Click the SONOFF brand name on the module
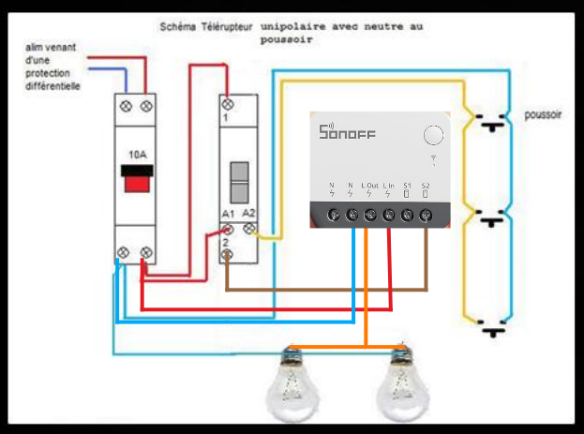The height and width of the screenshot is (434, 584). point(347,133)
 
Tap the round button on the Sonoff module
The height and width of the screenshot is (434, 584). point(433,134)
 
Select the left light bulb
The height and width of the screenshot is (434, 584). point(293,383)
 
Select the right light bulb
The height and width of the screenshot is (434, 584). point(399,383)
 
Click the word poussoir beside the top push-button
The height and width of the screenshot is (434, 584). point(543,115)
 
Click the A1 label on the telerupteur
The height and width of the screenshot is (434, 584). point(228,215)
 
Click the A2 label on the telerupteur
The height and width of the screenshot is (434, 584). point(248,215)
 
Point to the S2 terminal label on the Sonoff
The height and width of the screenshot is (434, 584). point(425,186)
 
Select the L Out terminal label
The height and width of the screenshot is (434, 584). point(369,186)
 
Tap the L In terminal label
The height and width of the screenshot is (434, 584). point(389,186)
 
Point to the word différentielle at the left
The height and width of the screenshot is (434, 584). point(52,86)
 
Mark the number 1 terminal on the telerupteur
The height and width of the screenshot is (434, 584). point(226,119)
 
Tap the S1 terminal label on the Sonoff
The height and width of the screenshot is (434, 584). point(407,186)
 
